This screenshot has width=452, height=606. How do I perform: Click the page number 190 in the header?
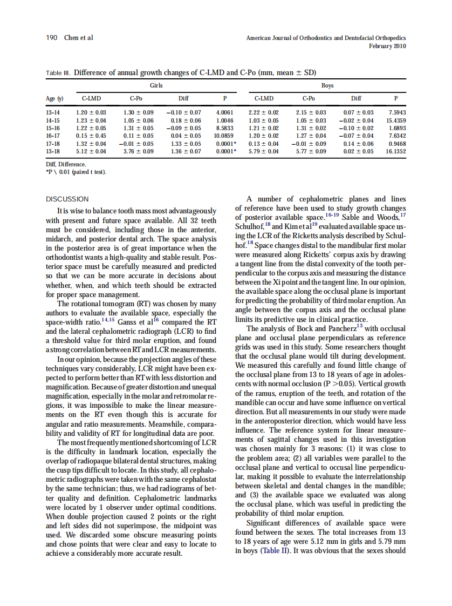pos(51,38)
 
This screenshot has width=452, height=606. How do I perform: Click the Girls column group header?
pos(156,86)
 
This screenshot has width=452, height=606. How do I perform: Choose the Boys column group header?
pos(327,86)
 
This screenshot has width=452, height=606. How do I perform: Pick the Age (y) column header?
pos(55,99)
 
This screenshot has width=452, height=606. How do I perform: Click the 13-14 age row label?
pos(53,112)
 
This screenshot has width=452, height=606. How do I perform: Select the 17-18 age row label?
pos(53,144)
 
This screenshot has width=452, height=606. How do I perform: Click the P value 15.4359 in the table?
pos(395,120)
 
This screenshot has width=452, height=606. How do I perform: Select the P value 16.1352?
pos(395,152)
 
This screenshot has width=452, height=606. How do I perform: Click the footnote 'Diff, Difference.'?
pos(66,163)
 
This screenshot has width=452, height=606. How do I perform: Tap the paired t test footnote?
pos(76,172)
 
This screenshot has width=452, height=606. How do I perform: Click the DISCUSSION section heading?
pos(67,199)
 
